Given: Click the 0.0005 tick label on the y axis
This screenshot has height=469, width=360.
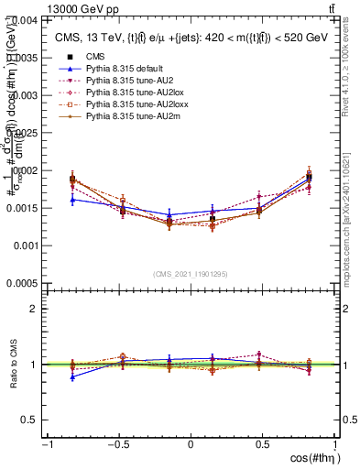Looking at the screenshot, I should click(23, 284).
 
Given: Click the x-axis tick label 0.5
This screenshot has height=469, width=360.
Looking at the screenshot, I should click(263, 445).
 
